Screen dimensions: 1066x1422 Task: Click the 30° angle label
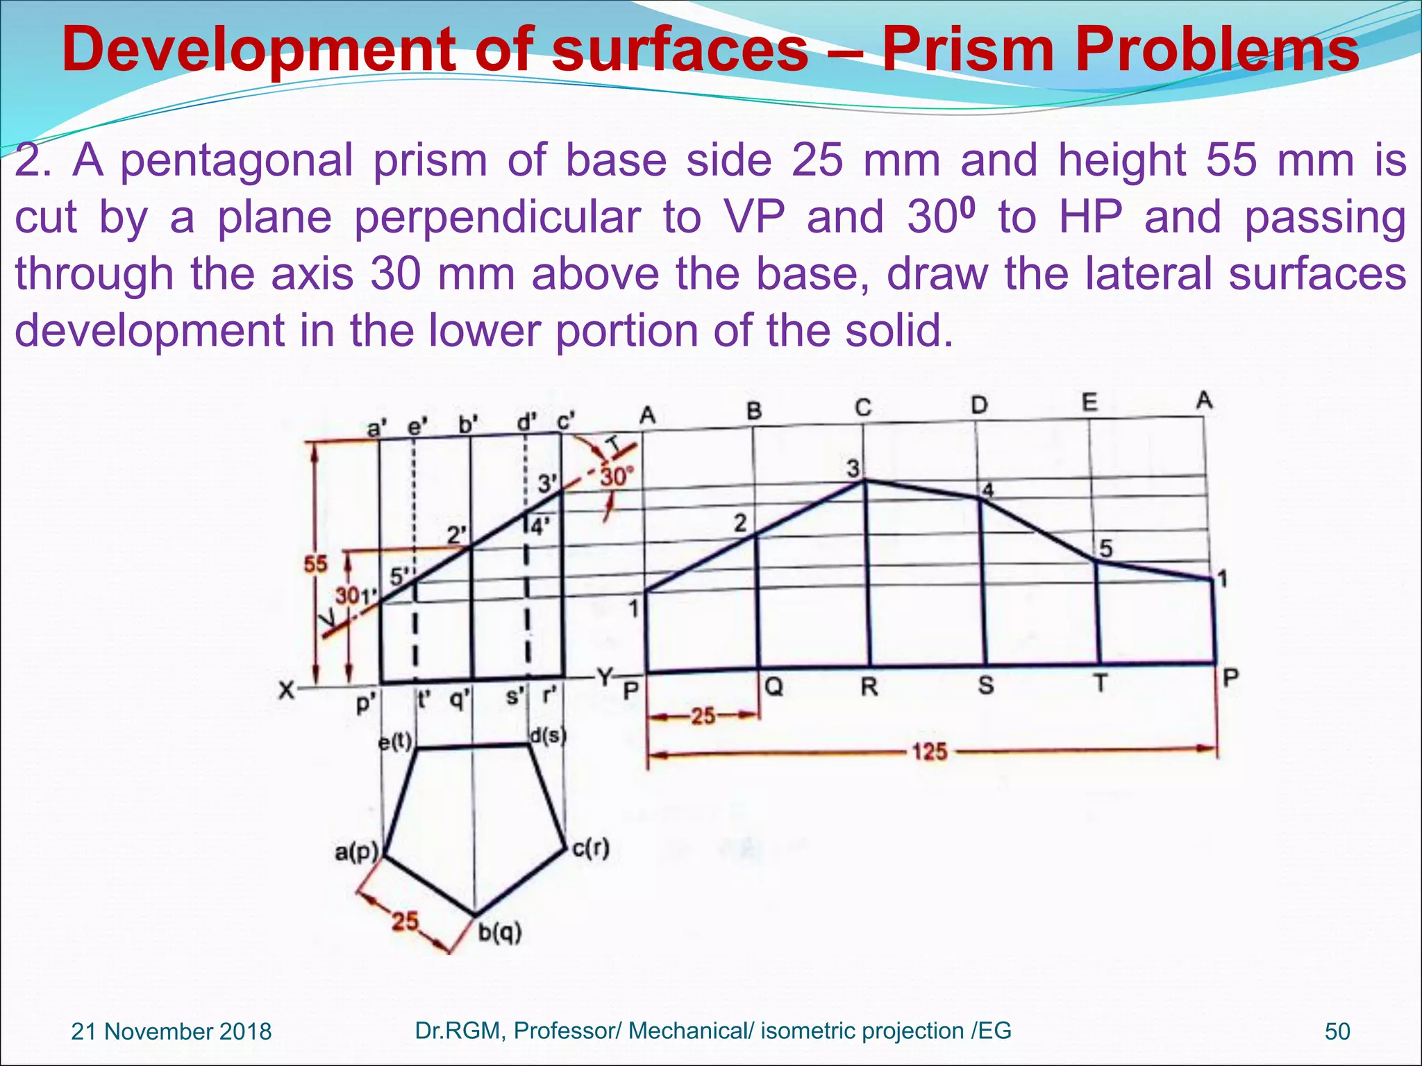click(617, 477)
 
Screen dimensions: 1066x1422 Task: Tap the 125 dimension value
click(930, 752)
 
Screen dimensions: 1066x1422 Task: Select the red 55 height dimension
click(315, 564)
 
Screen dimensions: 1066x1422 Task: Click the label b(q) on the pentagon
click(500, 933)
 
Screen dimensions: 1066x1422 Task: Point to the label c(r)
click(591, 848)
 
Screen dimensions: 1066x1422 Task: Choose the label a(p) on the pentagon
click(356, 852)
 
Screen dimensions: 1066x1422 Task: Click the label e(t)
click(395, 743)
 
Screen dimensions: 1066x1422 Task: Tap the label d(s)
click(549, 736)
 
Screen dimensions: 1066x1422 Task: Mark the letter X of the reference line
click(286, 691)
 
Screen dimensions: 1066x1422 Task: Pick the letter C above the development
click(863, 407)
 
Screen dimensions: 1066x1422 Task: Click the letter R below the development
click(869, 687)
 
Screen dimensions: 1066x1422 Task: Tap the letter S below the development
click(985, 686)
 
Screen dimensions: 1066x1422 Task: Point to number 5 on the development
click(1105, 549)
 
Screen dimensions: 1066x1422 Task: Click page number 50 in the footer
click(1337, 1031)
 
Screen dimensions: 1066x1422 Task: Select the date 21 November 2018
click(172, 1031)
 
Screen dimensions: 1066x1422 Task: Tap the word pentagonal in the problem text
click(235, 161)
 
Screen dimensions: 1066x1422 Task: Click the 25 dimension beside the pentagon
click(405, 922)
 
